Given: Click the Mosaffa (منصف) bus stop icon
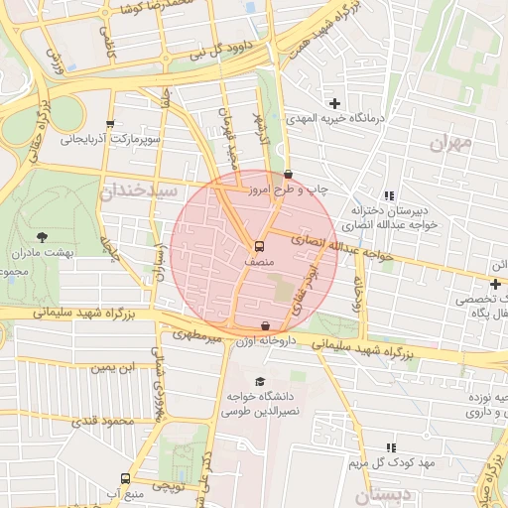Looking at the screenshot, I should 259,245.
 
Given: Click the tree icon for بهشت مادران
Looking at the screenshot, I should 42,236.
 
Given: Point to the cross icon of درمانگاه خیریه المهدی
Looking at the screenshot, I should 334,103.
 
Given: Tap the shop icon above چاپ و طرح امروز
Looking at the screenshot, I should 288,174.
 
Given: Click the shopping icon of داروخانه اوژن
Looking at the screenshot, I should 265,325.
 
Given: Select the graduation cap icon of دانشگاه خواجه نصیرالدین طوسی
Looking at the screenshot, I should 260,382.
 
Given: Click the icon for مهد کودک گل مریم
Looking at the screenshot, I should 391,447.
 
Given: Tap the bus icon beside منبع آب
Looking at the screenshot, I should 125,478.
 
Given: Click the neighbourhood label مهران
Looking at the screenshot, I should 452,144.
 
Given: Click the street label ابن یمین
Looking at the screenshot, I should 112,368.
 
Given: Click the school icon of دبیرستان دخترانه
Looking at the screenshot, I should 388,195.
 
